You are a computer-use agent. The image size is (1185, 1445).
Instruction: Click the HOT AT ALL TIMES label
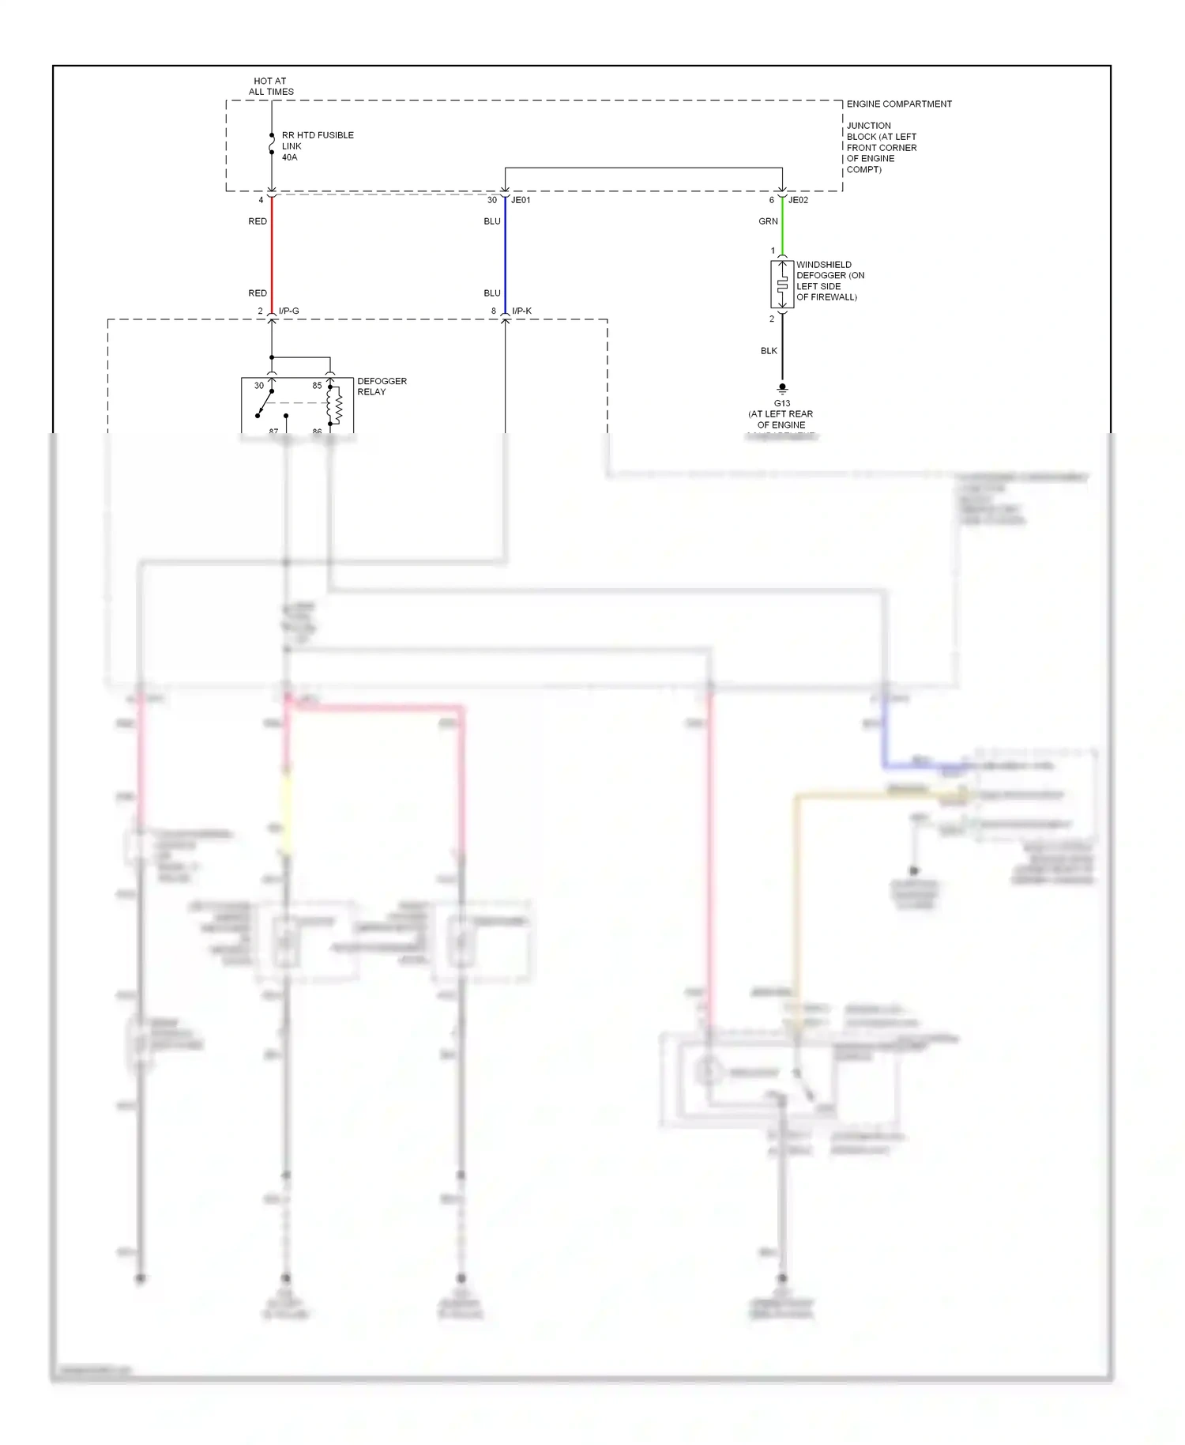click(x=271, y=86)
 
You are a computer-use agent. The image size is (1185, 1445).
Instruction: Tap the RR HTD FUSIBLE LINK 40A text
click(x=317, y=146)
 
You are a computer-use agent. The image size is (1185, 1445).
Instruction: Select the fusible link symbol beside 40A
click(x=272, y=144)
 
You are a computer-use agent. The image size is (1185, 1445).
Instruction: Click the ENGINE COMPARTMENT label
click(x=899, y=104)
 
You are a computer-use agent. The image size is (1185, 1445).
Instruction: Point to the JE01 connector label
click(x=521, y=200)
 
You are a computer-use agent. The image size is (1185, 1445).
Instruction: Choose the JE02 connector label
click(x=798, y=200)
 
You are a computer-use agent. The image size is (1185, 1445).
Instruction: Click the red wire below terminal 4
click(x=272, y=253)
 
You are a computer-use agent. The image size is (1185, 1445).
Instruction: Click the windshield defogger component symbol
click(x=782, y=285)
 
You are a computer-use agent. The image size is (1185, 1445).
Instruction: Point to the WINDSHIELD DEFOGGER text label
click(x=829, y=281)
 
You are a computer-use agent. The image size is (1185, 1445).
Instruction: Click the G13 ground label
click(x=782, y=403)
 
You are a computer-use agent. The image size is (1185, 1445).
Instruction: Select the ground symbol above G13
click(x=782, y=388)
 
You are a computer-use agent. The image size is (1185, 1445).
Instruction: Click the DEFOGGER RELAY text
click(x=382, y=386)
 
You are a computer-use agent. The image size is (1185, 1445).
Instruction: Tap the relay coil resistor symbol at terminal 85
click(x=337, y=406)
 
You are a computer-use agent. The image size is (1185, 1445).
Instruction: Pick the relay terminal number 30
click(x=259, y=386)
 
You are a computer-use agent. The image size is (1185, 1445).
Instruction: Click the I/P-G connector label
click(x=289, y=311)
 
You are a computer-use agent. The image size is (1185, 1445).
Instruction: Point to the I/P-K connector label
click(x=522, y=311)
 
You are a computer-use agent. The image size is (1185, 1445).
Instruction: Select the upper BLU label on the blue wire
click(x=492, y=221)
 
